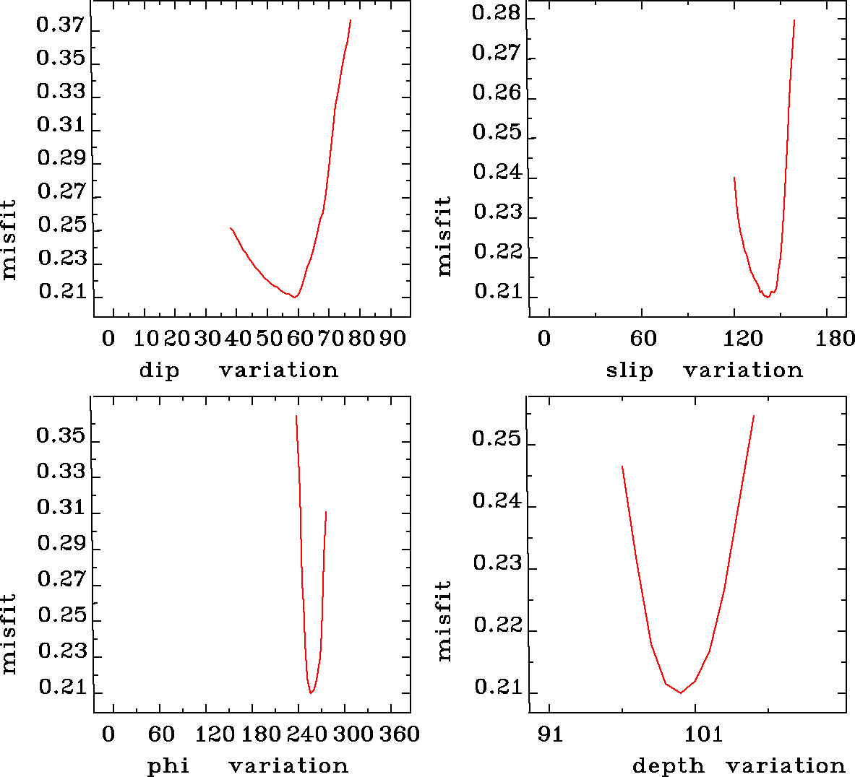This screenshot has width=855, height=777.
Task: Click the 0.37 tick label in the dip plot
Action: click(61, 25)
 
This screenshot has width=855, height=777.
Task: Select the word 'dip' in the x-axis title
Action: click(158, 371)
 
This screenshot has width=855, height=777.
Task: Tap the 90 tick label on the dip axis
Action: click(392, 338)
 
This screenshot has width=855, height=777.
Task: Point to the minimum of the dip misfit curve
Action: click(295, 297)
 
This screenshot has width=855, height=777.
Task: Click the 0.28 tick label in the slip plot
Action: click(496, 13)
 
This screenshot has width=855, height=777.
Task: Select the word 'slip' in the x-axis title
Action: click(630, 370)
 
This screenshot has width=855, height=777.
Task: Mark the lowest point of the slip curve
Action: click(767, 297)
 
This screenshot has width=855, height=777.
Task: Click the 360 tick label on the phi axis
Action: click(400, 734)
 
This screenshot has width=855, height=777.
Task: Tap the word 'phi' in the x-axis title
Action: click(168, 766)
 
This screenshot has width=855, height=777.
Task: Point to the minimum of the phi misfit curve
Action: click(311, 693)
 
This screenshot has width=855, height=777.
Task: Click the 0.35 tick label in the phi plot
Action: click(61, 436)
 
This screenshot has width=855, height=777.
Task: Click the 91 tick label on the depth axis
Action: click(550, 734)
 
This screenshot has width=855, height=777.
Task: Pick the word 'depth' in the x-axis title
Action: click(668, 766)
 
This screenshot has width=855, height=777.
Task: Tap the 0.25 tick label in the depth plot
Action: click(496, 439)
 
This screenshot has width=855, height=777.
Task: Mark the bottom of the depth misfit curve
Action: click(680, 693)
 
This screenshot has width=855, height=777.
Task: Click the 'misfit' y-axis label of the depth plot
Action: click(444, 621)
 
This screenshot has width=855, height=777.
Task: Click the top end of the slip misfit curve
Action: click(794, 20)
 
